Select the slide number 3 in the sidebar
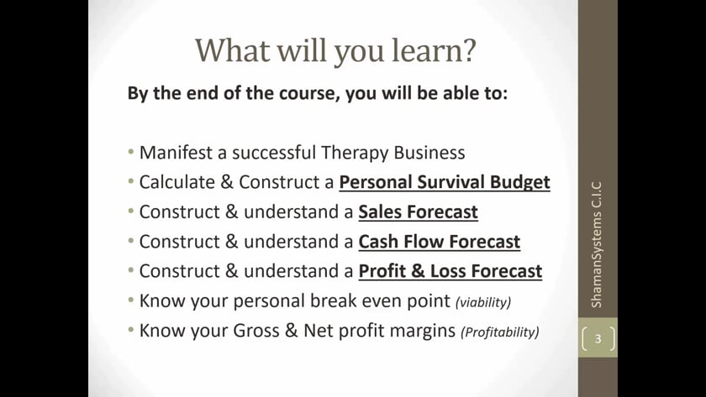[x=598, y=338]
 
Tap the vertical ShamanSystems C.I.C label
[x=596, y=244]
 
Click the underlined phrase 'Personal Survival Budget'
[x=445, y=182]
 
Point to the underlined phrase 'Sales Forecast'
[x=418, y=212]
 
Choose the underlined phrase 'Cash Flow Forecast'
[x=439, y=242]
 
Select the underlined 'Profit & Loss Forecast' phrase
[x=450, y=271]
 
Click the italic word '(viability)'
[x=483, y=302]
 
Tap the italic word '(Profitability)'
[x=500, y=332]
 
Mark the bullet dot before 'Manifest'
[x=131, y=152]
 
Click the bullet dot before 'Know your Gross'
[x=131, y=330]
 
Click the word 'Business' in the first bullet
[x=429, y=153]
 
